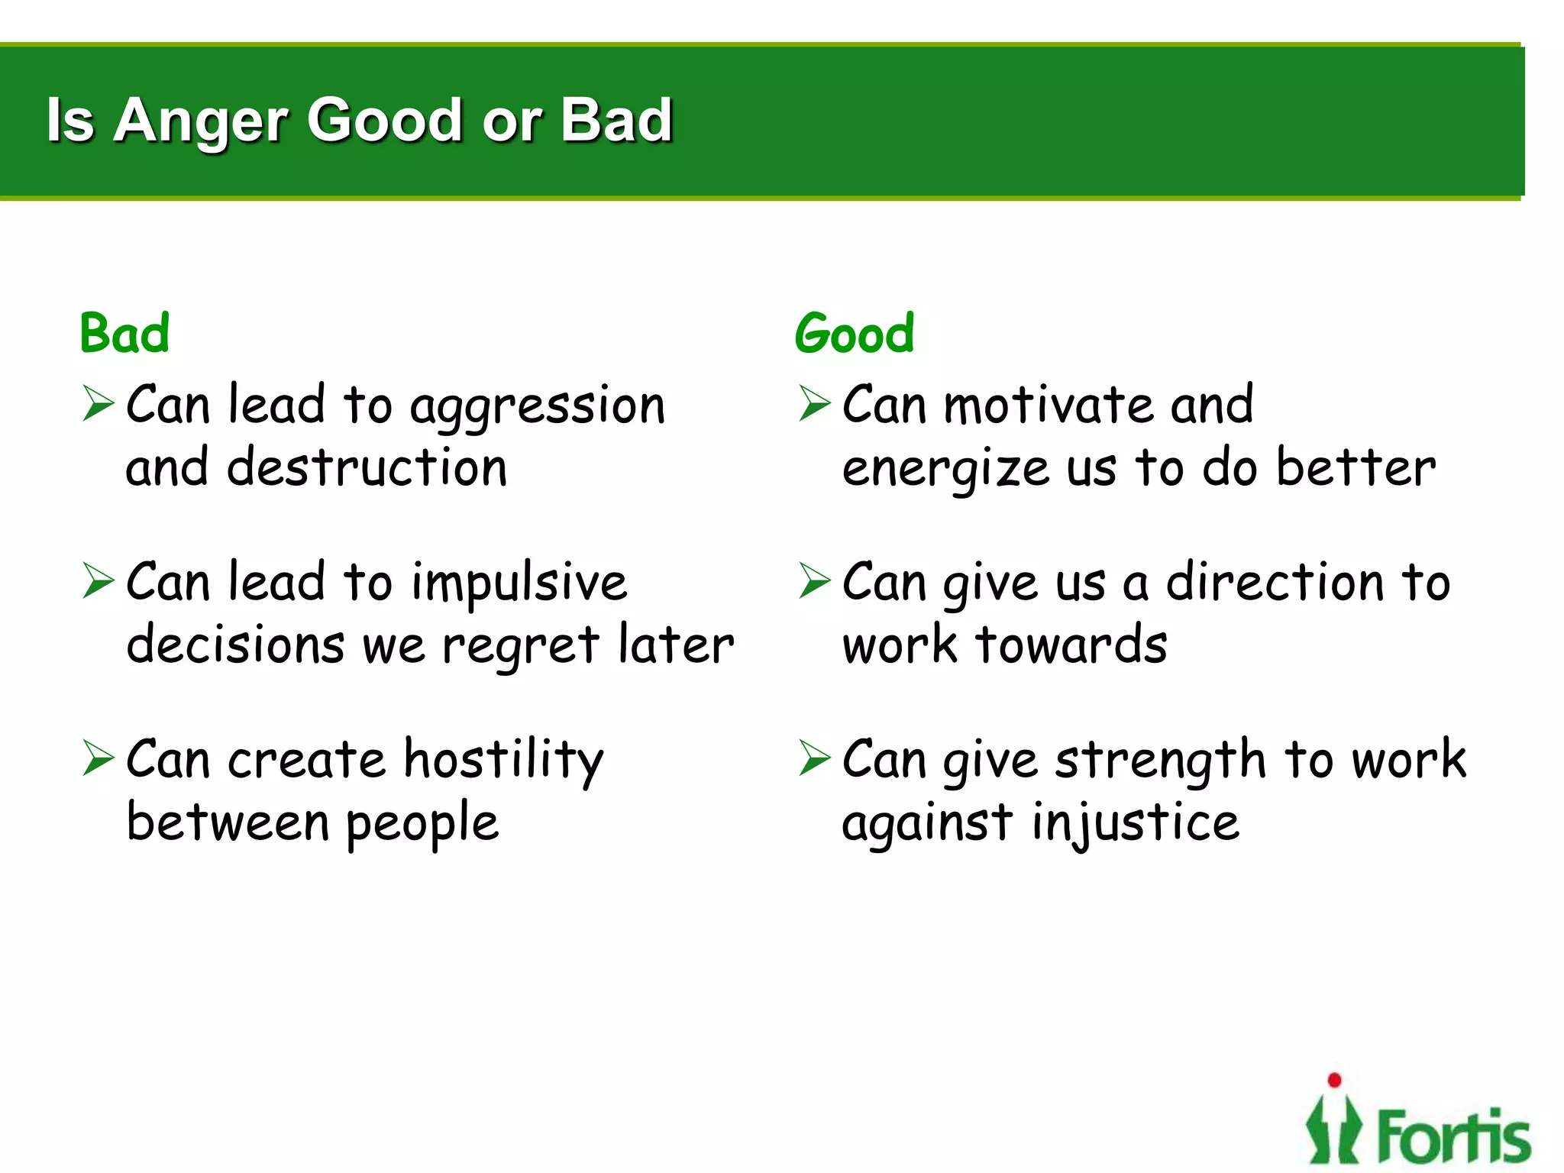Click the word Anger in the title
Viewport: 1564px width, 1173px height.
coord(200,121)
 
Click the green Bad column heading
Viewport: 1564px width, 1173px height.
coord(124,334)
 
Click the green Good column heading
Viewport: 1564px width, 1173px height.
coord(854,334)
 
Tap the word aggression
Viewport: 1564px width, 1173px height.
coord(538,407)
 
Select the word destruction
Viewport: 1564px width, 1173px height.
coord(367,467)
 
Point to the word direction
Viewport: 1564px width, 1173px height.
coord(1275,583)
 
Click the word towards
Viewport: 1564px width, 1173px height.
coord(1071,645)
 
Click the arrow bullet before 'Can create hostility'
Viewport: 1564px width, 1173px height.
coord(99,758)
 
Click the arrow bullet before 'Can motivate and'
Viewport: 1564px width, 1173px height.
coord(815,403)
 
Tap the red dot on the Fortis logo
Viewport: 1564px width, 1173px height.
coord(1334,1080)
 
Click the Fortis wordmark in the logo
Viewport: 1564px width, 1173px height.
coord(1453,1136)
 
